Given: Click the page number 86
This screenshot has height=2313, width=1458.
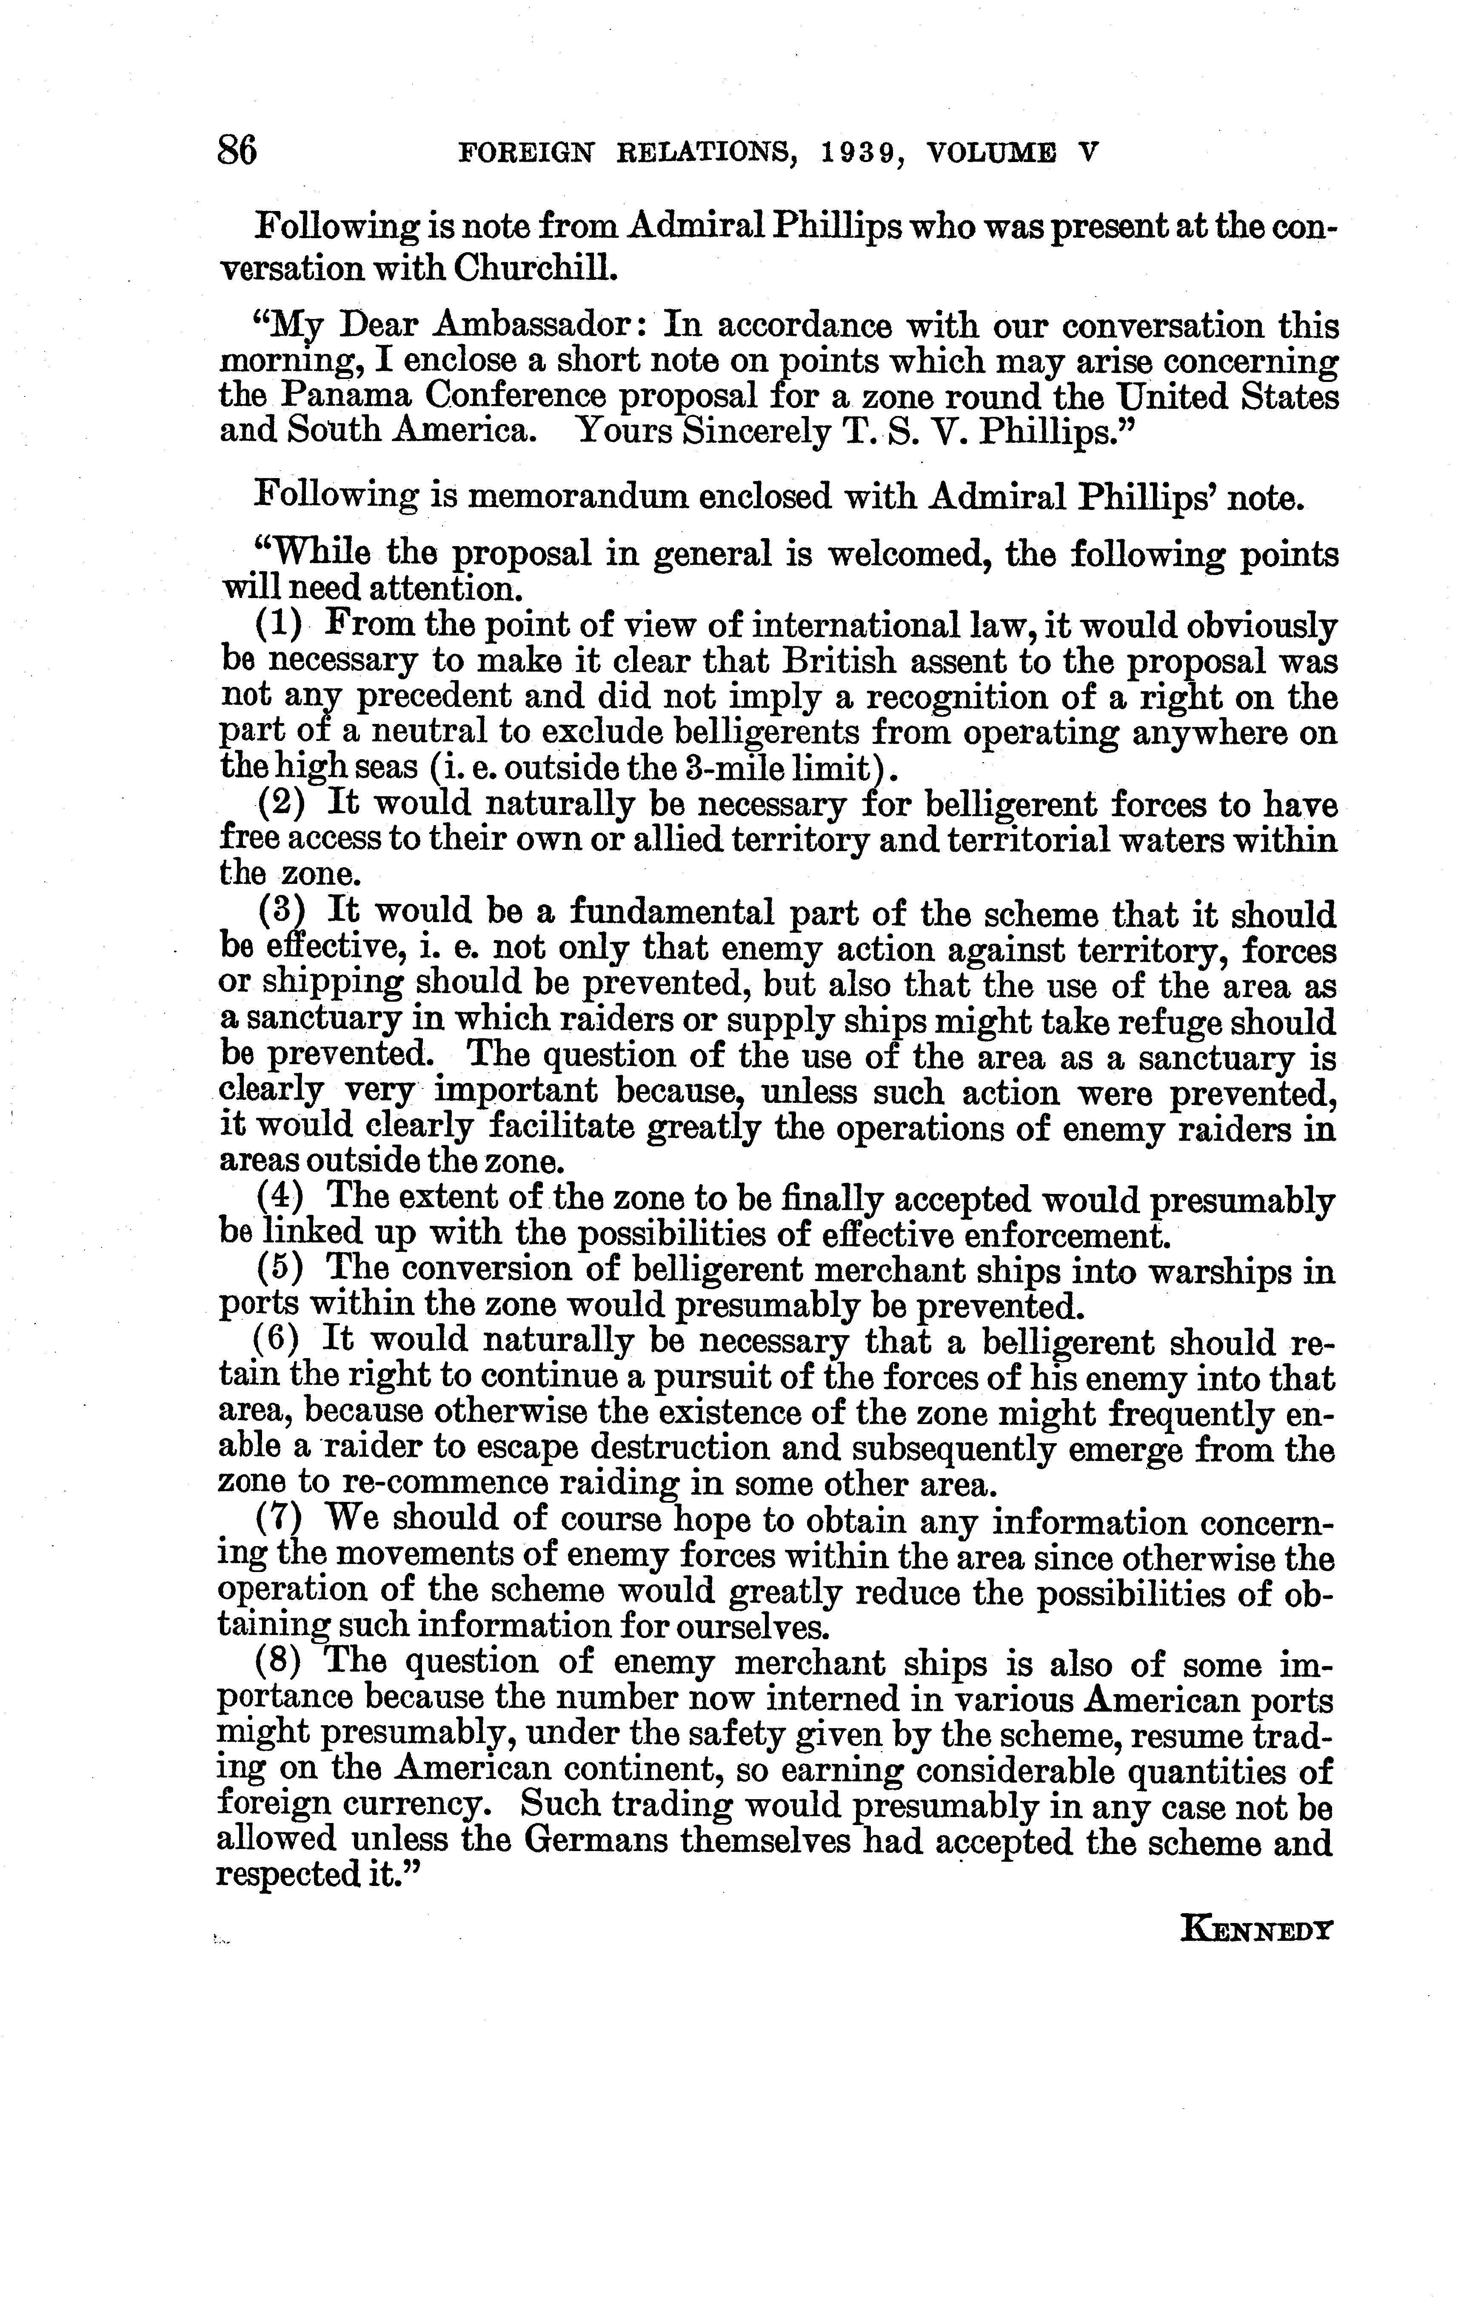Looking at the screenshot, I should coord(237,151).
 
